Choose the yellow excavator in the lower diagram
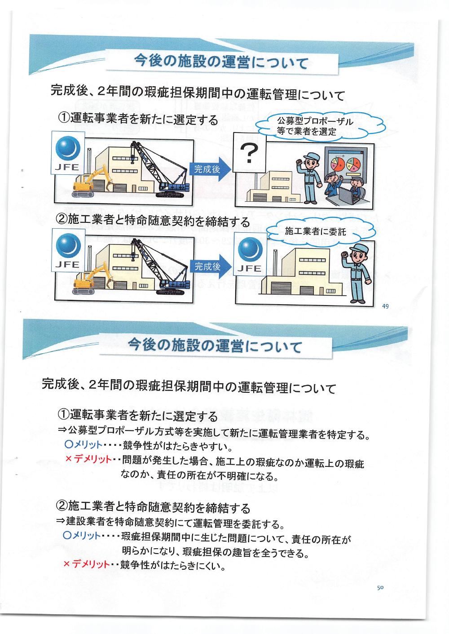click(90, 279)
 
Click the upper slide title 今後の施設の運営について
click(222, 62)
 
